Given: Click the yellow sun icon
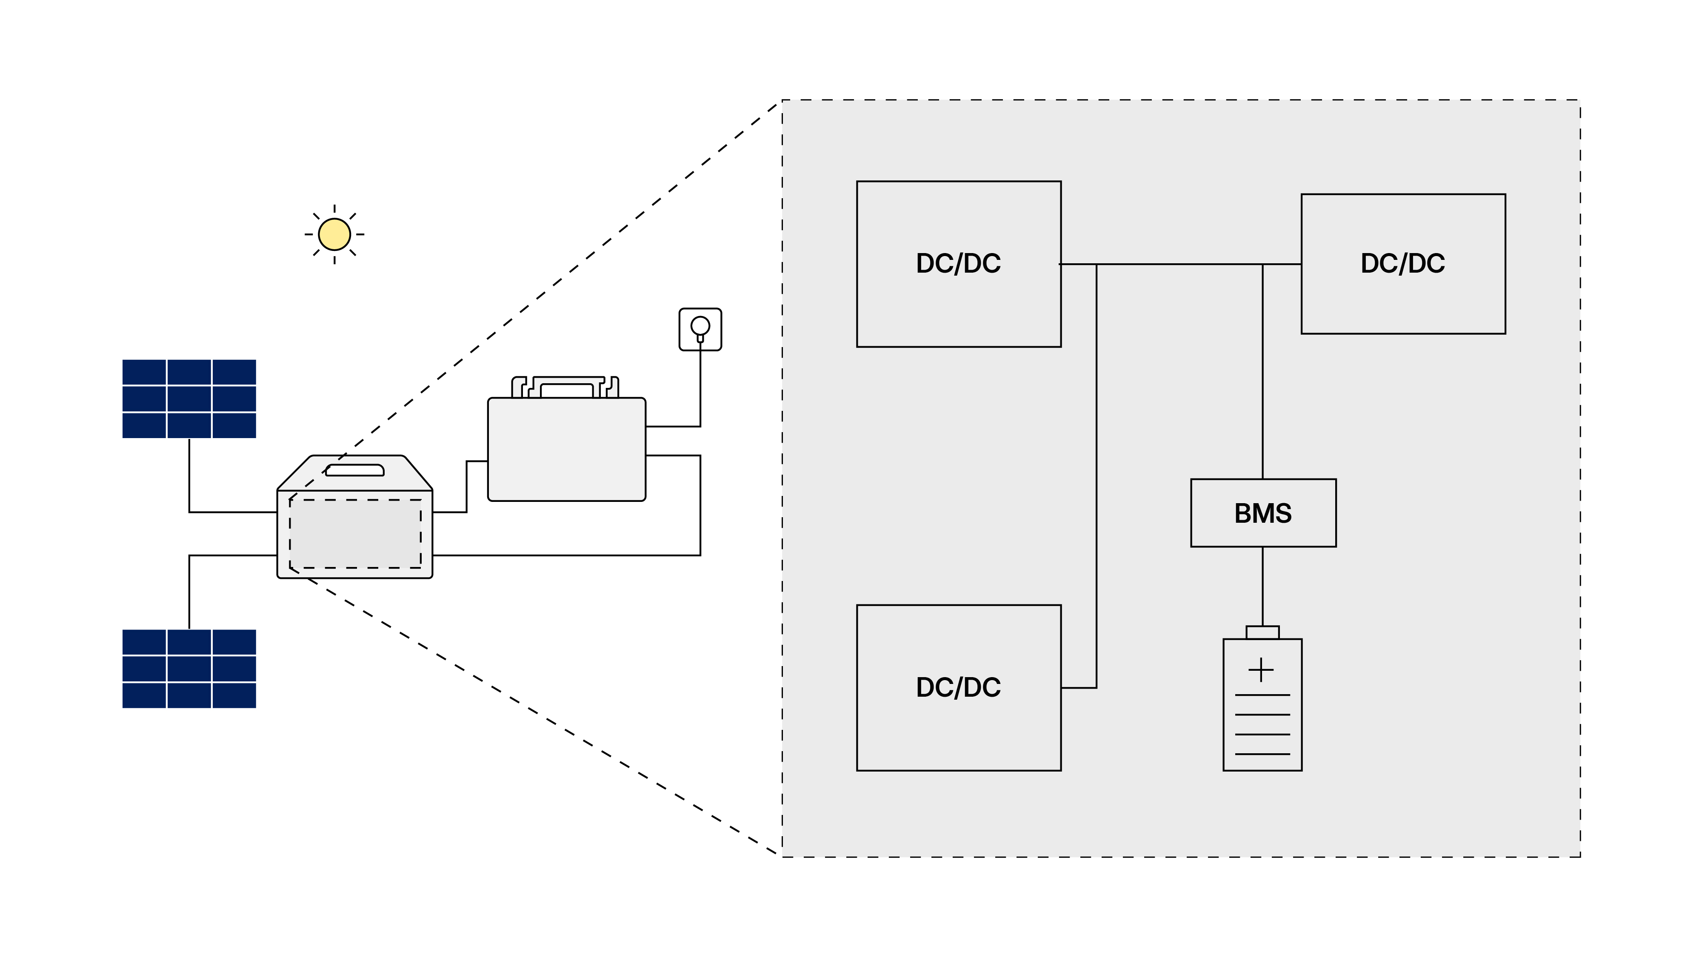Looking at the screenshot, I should coord(334,234).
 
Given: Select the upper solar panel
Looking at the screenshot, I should coord(189,399).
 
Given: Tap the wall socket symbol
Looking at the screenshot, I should coord(700,329).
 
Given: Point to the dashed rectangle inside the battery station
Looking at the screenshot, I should coord(355,534).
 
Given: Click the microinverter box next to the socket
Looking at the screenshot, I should coord(566,449).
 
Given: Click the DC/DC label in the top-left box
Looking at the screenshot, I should coord(958,264).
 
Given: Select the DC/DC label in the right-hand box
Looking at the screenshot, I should coord(1403,264).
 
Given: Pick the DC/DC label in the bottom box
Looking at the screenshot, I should coord(958,687).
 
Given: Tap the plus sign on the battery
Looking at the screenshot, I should coord(1261,670).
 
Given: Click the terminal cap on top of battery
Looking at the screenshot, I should coord(1262,632).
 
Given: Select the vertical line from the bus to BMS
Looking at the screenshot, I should coord(1262,370).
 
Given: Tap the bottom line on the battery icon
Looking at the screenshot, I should coord(1262,754).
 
